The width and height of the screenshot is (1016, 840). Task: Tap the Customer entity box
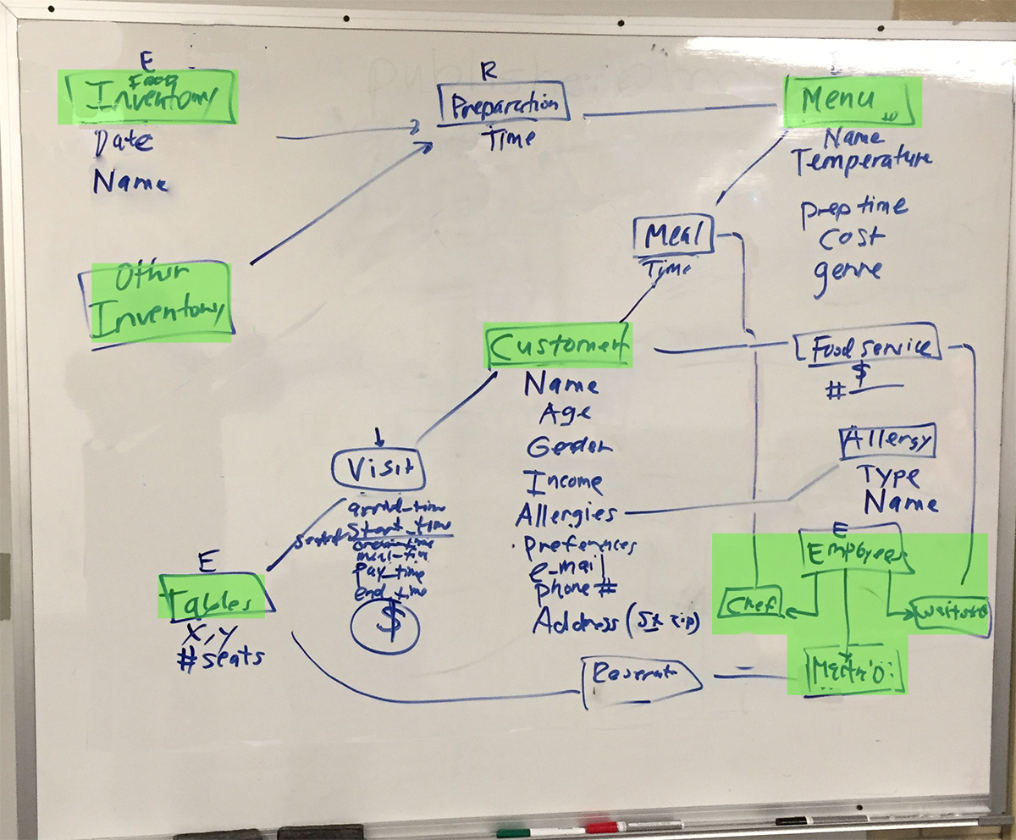(558, 345)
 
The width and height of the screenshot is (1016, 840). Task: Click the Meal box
(674, 235)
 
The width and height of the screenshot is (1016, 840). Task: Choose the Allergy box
(888, 440)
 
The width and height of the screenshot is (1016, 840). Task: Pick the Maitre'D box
(847, 672)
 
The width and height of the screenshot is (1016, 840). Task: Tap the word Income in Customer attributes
(563, 482)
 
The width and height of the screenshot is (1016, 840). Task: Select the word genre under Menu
(848, 271)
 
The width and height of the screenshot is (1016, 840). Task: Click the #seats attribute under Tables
(218, 657)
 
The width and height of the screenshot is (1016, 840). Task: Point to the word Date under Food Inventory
(124, 142)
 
